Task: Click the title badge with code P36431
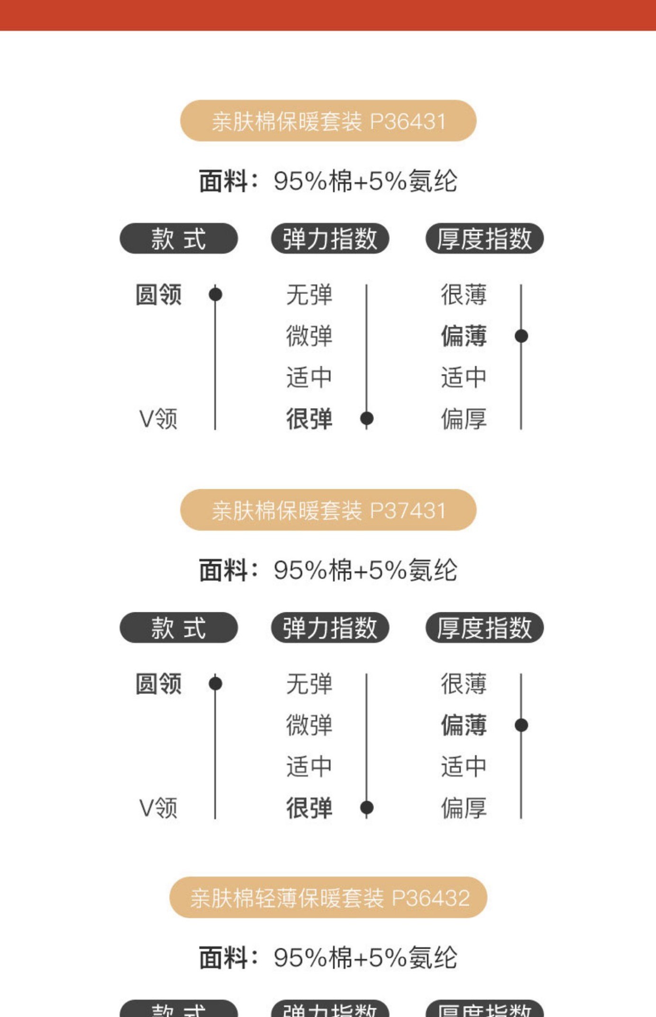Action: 328,121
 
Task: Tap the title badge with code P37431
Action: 328,510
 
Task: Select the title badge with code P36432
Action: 328,897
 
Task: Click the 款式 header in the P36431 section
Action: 178,238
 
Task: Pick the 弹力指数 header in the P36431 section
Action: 330,238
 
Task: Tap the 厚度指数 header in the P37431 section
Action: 484,627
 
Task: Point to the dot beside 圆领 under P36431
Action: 215,294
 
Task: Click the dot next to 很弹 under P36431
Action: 366,419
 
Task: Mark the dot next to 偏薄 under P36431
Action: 521,336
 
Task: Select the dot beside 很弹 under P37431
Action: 366,807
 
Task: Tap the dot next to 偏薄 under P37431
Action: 521,725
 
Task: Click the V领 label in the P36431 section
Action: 158,419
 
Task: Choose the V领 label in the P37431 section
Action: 158,808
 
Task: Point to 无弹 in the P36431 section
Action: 309,295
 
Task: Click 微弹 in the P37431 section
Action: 309,725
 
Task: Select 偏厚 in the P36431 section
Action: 464,419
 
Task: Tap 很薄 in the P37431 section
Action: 464,684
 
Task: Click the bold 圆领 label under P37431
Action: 158,684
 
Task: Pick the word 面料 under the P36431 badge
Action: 223,181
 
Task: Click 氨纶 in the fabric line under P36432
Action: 433,958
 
